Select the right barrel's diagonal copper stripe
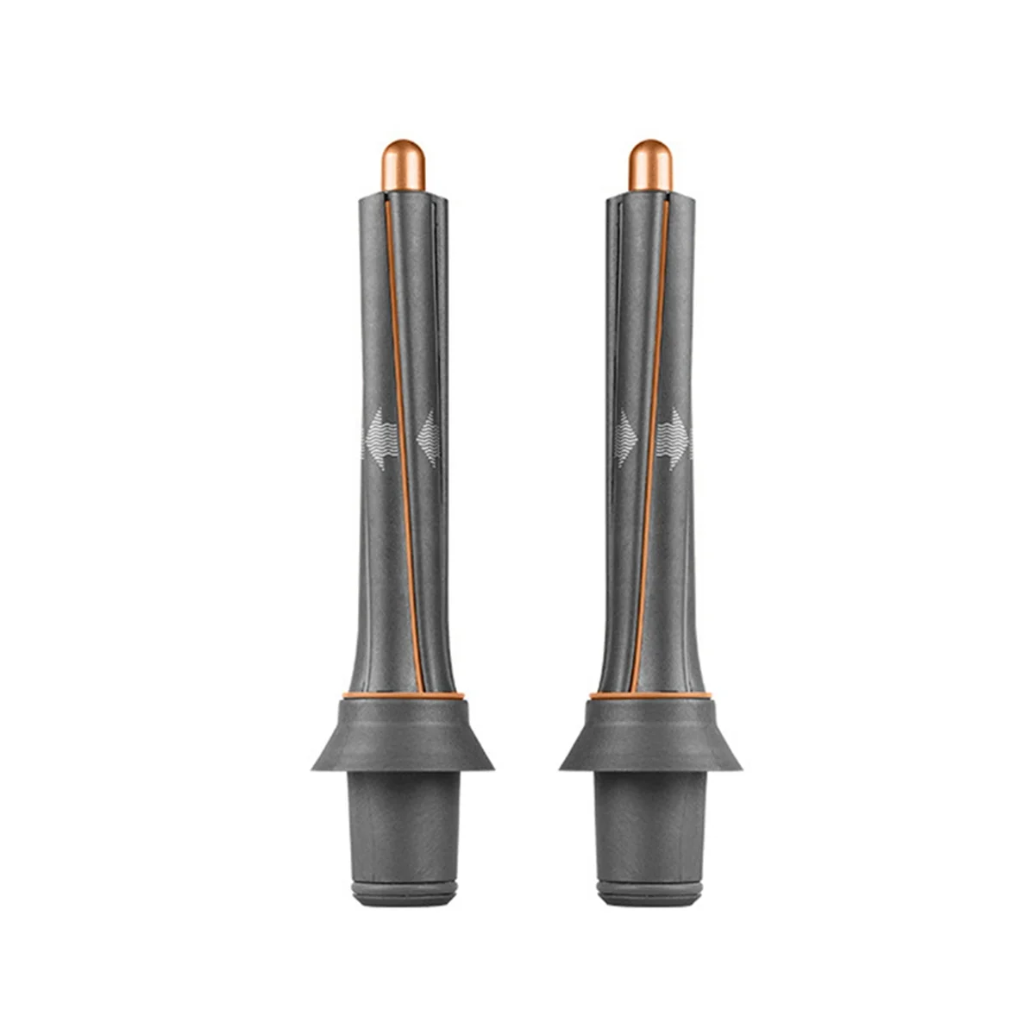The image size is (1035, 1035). (x=653, y=431)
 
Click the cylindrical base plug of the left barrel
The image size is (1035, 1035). (x=403, y=819)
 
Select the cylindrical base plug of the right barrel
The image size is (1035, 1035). (x=650, y=819)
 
